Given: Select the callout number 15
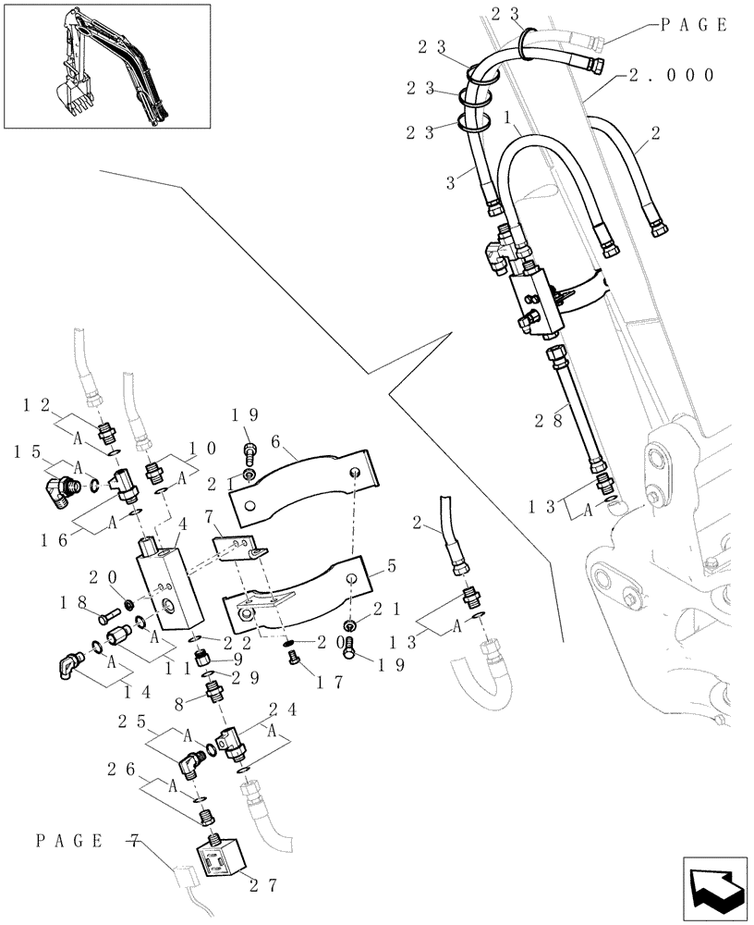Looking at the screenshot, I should tap(27, 451).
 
